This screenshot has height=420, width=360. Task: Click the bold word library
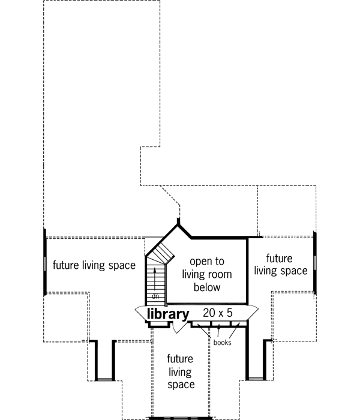pyautogui.click(x=168, y=314)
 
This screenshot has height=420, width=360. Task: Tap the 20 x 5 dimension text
pyautogui.click(x=217, y=313)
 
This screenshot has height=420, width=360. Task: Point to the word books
pyautogui.click(x=222, y=343)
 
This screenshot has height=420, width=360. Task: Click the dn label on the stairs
pyautogui.click(x=155, y=296)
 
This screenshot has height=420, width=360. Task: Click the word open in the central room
pyautogui.click(x=200, y=262)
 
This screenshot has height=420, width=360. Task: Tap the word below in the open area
pyautogui.click(x=207, y=287)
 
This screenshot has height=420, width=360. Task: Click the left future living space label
pyautogui.click(x=93, y=265)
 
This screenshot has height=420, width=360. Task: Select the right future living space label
pyautogui.click(x=280, y=265)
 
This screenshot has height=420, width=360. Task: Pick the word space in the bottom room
pyautogui.click(x=180, y=385)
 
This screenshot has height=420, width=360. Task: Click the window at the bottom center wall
pyautogui.click(x=179, y=418)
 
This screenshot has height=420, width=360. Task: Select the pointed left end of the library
pyautogui.click(x=138, y=311)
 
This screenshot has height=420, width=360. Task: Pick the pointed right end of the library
pyautogui.click(x=256, y=311)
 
